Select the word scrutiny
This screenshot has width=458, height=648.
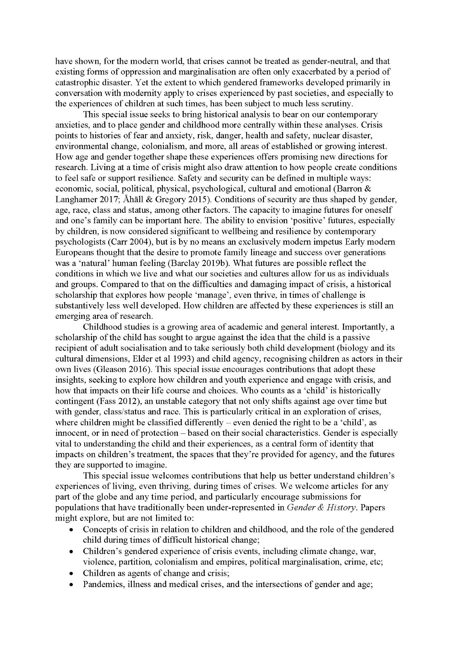(x=335, y=104)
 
